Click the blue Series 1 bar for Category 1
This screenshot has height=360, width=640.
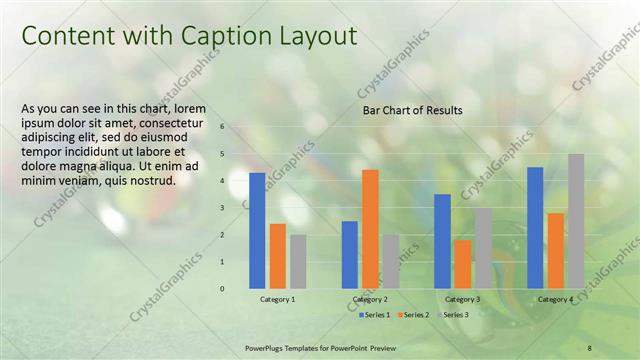(x=257, y=230)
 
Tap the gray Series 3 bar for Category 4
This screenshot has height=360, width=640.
(x=575, y=221)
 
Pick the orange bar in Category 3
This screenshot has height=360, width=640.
(x=462, y=264)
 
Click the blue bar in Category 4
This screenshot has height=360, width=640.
(x=535, y=227)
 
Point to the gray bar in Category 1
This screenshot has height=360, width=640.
(x=298, y=261)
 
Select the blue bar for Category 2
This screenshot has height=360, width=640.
(x=350, y=254)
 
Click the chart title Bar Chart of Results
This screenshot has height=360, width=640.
(x=412, y=110)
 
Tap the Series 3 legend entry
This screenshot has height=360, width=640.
(x=455, y=315)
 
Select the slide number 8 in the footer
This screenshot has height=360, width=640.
(x=589, y=347)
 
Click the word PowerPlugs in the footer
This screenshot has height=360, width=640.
(x=267, y=347)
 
